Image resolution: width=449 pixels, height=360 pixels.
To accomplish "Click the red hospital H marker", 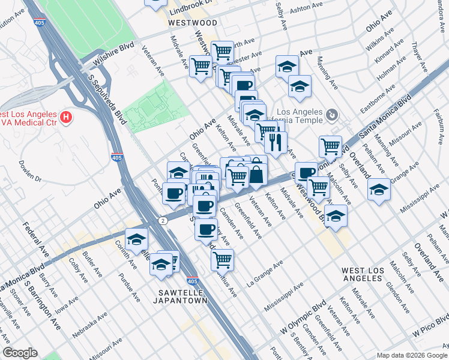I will point(67,115).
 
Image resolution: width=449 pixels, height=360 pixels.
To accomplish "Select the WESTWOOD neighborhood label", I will point(192,22).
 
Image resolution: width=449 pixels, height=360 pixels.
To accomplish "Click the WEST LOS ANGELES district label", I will point(363,275).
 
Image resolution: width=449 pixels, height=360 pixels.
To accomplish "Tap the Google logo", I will point(20,353).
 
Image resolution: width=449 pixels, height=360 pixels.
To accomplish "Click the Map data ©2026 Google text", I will point(411,355).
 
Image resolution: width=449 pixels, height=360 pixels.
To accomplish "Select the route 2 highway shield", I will point(163,221).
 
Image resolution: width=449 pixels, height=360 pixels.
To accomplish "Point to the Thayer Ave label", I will point(418,53).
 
